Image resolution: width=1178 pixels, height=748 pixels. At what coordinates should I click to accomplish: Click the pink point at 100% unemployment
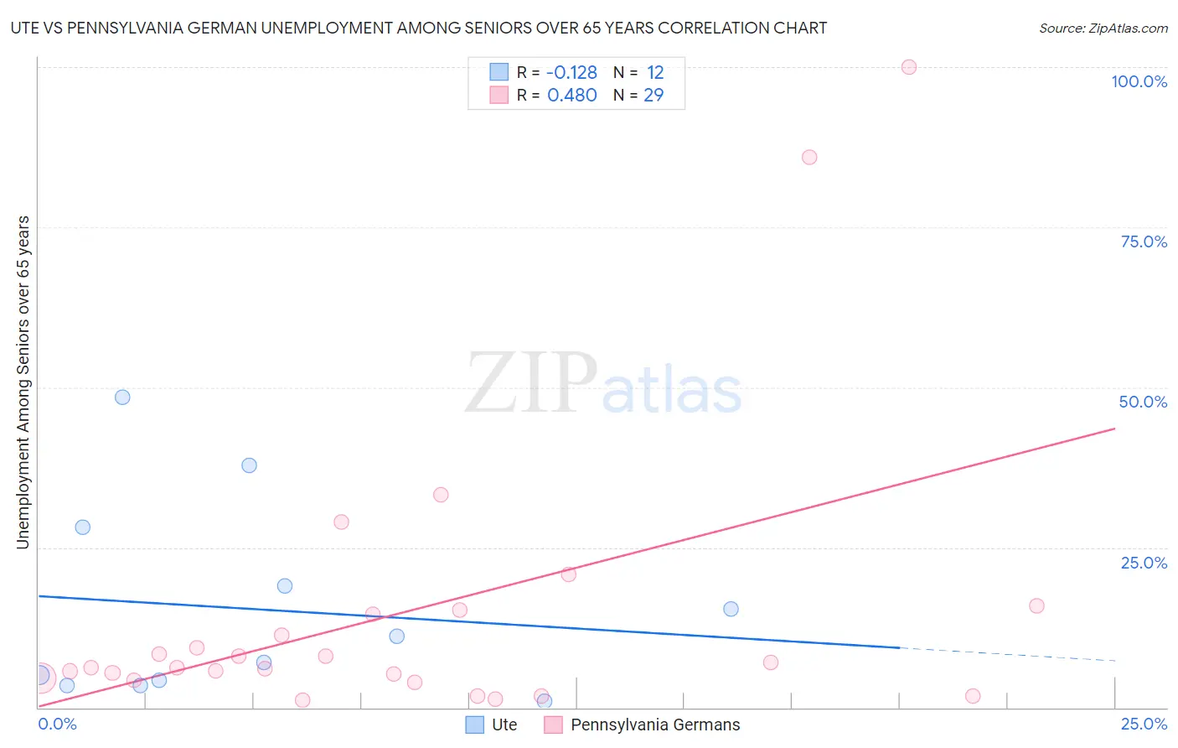click(x=909, y=67)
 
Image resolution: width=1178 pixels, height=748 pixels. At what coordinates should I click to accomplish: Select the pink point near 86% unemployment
click(x=809, y=157)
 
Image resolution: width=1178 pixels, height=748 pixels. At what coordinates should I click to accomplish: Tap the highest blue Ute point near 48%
click(x=122, y=397)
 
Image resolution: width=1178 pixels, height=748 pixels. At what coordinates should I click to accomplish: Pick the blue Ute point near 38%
click(x=249, y=465)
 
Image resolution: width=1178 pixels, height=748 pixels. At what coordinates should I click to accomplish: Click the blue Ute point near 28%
click(x=82, y=527)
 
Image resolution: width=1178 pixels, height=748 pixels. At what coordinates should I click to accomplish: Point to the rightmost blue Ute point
click(x=731, y=609)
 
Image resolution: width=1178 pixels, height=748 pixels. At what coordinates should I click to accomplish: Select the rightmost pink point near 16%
click(x=1036, y=605)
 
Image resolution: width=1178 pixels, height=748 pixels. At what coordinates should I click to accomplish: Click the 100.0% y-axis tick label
click(x=1139, y=81)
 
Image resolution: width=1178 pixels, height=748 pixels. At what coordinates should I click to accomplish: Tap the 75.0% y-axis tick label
click(x=1144, y=242)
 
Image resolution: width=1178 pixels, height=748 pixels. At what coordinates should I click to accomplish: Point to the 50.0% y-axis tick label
click(x=1143, y=402)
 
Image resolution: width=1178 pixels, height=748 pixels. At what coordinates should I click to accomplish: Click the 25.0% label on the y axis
click(x=1144, y=563)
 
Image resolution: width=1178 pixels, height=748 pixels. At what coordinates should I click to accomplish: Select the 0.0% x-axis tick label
click(x=57, y=724)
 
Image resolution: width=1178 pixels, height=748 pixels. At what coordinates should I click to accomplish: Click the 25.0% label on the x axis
click(x=1144, y=724)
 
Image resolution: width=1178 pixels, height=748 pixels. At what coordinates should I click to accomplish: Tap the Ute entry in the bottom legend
click(x=504, y=725)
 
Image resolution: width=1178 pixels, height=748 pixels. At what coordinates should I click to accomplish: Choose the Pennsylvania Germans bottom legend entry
click(x=655, y=725)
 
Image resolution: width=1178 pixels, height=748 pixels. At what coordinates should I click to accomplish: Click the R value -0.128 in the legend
click(x=571, y=73)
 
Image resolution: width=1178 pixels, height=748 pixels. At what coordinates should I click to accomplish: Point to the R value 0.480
click(x=571, y=96)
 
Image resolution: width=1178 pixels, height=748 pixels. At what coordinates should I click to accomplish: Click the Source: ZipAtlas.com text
click(x=1103, y=29)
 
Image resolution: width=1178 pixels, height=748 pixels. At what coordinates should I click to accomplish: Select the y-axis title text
click(x=23, y=382)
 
